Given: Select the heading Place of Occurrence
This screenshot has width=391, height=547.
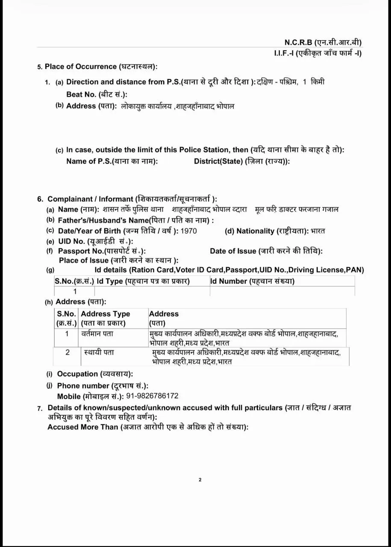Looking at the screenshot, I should click(x=101, y=67).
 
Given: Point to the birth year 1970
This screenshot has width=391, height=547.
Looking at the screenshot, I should click(x=189, y=231).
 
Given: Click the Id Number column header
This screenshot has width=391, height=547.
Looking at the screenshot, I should click(x=252, y=281).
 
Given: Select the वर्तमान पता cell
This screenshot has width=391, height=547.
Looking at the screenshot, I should click(x=97, y=333).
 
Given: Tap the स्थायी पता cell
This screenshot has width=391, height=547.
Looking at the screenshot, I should click(x=100, y=353).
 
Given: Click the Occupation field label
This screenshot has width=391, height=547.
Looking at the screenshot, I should click(x=95, y=374).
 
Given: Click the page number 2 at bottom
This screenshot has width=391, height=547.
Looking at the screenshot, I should click(x=200, y=480).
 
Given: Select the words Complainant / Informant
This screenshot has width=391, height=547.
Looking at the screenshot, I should click(x=91, y=199).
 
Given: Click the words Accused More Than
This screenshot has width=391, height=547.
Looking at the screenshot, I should click(x=82, y=427).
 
